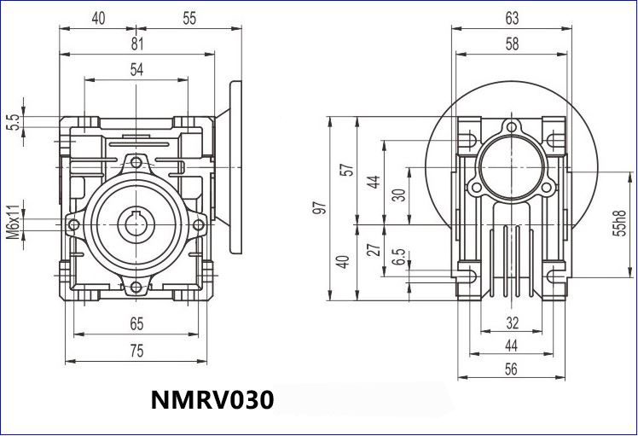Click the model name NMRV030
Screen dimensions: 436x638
pos(212,400)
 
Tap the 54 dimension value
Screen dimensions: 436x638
pos(136,71)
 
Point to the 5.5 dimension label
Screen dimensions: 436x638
pos(14,122)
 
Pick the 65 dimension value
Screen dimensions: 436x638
pos(136,323)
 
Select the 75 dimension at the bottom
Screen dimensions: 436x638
pos(136,351)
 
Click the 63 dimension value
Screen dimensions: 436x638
pos(512,17)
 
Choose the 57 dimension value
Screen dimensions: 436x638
pos(345,169)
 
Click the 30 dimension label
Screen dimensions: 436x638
pos(397,195)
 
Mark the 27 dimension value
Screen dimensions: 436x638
pos(372,249)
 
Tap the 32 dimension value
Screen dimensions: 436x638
pos(512,323)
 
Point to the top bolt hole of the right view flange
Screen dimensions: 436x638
pos(512,129)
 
